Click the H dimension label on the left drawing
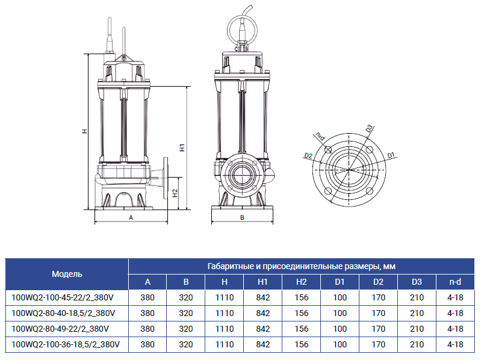tap(84, 131)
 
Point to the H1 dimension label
tap(182, 147)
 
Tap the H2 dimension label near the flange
tap(175, 193)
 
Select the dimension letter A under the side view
tap(131, 218)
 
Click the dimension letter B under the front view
tap(242, 218)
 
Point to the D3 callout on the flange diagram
tap(370, 128)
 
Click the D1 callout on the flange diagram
tap(391, 155)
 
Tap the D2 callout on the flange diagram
tap(308, 155)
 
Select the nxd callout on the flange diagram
tap(320, 136)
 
